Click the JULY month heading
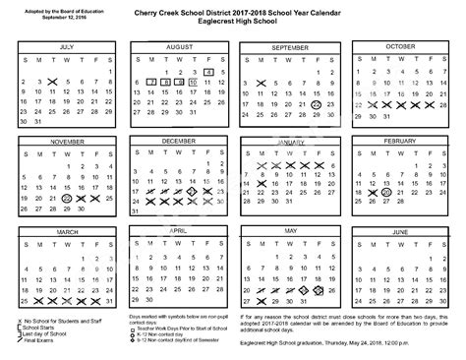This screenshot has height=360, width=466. coord(66,46)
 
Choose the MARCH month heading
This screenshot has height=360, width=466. coord(66,232)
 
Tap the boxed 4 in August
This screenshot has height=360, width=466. coord(209,73)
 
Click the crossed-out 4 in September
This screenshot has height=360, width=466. coord(261,84)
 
